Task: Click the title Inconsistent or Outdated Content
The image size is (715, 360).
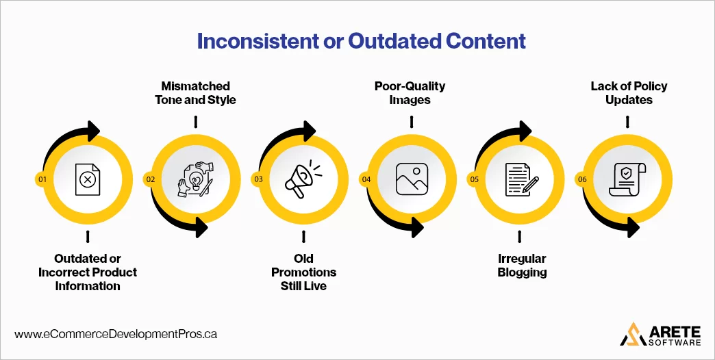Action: pyautogui.click(x=361, y=41)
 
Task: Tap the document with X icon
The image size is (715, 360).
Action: pyautogui.click(x=88, y=179)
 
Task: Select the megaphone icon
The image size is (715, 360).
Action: pyautogui.click(x=303, y=180)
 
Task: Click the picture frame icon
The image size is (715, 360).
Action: pyautogui.click(x=411, y=179)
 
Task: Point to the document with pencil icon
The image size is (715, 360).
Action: pyautogui.click(x=520, y=179)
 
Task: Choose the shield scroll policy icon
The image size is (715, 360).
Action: pyautogui.click(x=627, y=179)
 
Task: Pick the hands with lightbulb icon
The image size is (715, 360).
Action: pyautogui.click(x=196, y=179)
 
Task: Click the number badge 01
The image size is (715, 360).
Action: pyautogui.click(x=42, y=179)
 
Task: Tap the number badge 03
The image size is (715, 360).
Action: pyautogui.click(x=258, y=179)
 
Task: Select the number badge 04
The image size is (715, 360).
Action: pyautogui.click(x=366, y=179)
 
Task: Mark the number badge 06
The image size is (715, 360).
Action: pyautogui.click(x=582, y=179)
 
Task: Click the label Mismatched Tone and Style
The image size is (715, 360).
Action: pyautogui.click(x=195, y=93)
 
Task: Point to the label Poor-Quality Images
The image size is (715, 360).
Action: pyautogui.click(x=410, y=93)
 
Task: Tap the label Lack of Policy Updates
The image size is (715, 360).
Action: pyautogui.click(x=628, y=93)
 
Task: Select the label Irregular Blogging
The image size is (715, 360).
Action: pyautogui.click(x=522, y=266)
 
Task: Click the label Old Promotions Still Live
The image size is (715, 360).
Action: pyautogui.click(x=303, y=272)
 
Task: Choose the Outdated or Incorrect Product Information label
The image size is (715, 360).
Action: pyautogui.click(x=88, y=272)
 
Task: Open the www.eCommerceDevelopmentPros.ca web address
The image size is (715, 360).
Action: pyautogui.click(x=116, y=335)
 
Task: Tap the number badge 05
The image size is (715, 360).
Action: pyautogui.click(x=474, y=179)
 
